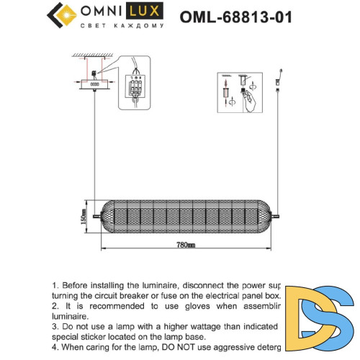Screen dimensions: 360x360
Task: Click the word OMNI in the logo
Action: click(103, 12)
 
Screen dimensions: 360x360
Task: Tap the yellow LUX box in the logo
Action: click(146, 12)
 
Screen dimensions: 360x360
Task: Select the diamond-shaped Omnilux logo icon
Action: click(62, 17)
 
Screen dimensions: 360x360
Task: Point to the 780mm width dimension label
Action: click(185, 246)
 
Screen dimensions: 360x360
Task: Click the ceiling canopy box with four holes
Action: click(94, 84)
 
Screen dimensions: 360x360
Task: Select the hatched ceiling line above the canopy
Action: click(94, 57)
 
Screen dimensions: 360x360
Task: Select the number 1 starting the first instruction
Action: click(54, 286)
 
